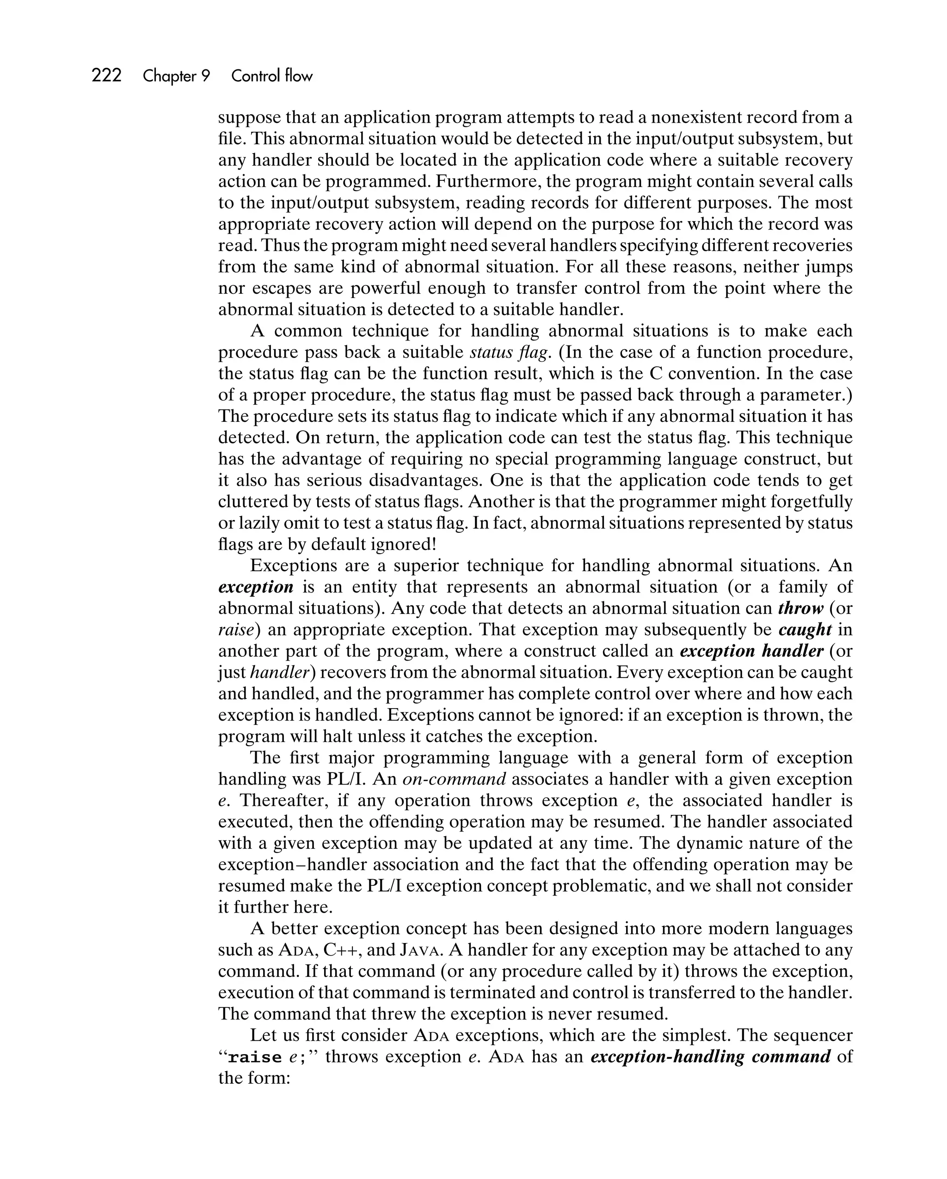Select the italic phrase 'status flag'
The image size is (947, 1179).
point(508,352)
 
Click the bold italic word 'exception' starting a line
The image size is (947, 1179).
point(255,587)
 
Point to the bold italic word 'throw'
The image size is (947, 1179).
point(800,608)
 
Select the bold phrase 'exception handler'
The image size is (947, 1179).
point(751,651)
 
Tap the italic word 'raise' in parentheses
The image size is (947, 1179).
point(236,630)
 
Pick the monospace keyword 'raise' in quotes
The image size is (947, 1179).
point(254,1057)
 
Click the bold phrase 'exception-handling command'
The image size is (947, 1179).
point(710,1056)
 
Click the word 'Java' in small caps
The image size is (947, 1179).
point(419,950)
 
